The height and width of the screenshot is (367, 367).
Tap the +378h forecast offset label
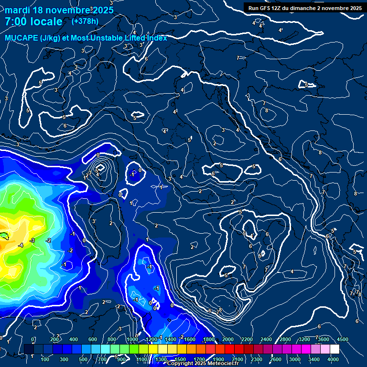click(85, 22)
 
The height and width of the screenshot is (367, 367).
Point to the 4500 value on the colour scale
click(343, 339)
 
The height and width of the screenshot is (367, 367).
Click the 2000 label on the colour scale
click(227, 339)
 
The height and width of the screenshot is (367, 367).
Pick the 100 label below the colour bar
click(45, 359)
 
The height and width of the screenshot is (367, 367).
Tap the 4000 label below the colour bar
click(333, 359)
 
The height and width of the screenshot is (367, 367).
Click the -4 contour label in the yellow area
click(21, 245)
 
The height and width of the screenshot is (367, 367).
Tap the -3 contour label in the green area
click(32, 240)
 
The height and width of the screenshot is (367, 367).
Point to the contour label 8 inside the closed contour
click(267, 110)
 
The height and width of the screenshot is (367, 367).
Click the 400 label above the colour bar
click(74, 339)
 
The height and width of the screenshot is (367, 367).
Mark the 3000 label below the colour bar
click(295, 359)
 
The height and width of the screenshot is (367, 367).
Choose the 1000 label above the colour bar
click(132, 339)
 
